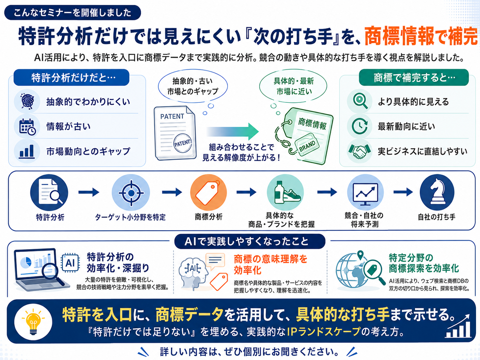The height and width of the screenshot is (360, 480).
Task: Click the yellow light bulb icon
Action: pos(33,322)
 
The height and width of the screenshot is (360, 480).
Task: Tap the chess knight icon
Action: pos(437,192)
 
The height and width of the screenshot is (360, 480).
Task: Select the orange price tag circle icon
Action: pos(209,192)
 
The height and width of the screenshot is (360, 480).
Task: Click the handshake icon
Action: pos(359,151)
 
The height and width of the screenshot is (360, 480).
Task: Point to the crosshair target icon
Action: pos(131,193)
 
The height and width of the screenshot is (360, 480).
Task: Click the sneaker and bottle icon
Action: pos(285,192)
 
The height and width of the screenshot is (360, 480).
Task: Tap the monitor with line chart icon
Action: pos(365,192)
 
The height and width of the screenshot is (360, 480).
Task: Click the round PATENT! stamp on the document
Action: pos(183,143)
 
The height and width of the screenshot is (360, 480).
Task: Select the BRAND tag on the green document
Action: pos(307,145)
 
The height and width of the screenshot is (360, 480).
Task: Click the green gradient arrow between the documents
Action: pos(232,131)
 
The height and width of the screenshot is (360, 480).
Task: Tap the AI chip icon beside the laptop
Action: pos(70,263)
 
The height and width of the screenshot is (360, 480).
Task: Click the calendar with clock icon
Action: pos(27,126)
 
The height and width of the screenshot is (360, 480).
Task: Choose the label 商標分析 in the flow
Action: pos(209,217)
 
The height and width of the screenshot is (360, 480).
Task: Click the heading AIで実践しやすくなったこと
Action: pos(250,241)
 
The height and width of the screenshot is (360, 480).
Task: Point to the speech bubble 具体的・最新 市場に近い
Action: pos(293,86)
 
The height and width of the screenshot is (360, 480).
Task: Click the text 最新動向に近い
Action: pos(406,127)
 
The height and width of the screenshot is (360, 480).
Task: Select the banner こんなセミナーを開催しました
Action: pos(72,13)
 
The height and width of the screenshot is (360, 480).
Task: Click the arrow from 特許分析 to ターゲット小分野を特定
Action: pos(89,192)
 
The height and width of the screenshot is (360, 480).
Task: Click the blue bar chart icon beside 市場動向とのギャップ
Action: pos(27,151)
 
